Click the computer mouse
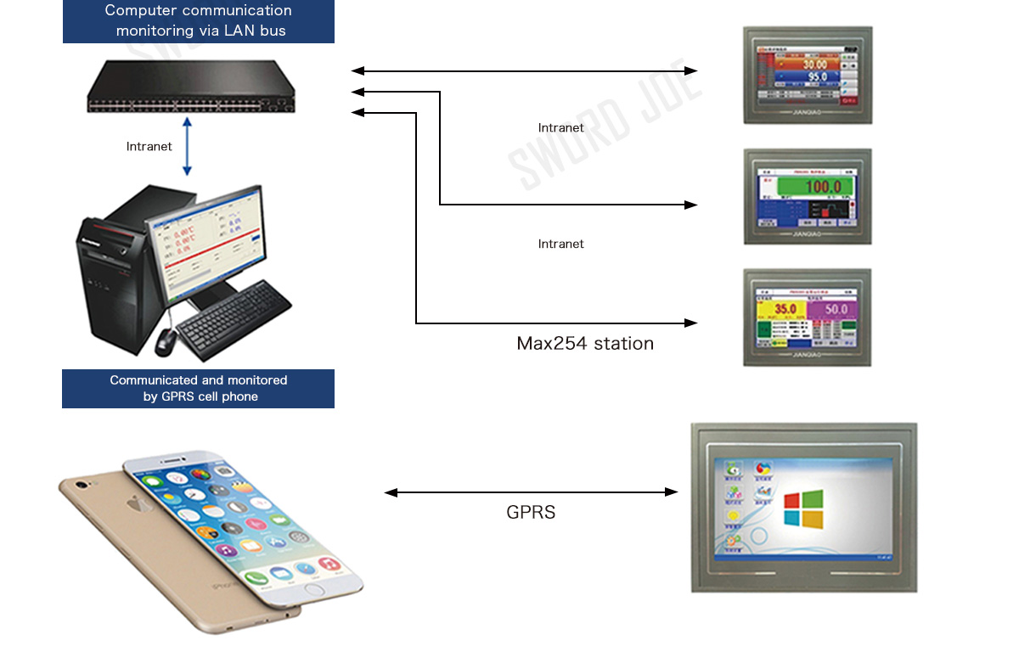(x=166, y=340)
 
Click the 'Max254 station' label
(x=585, y=344)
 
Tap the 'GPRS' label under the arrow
(x=531, y=513)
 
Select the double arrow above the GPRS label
(x=531, y=492)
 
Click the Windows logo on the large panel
(x=803, y=507)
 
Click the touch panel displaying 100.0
(x=807, y=196)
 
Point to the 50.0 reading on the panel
(x=836, y=309)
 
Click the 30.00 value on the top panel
(x=814, y=65)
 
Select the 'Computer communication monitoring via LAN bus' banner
(x=199, y=21)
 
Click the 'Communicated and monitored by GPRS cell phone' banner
(x=199, y=389)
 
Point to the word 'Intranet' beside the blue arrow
(x=149, y=147)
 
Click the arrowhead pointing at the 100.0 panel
(x=691, y=205)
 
